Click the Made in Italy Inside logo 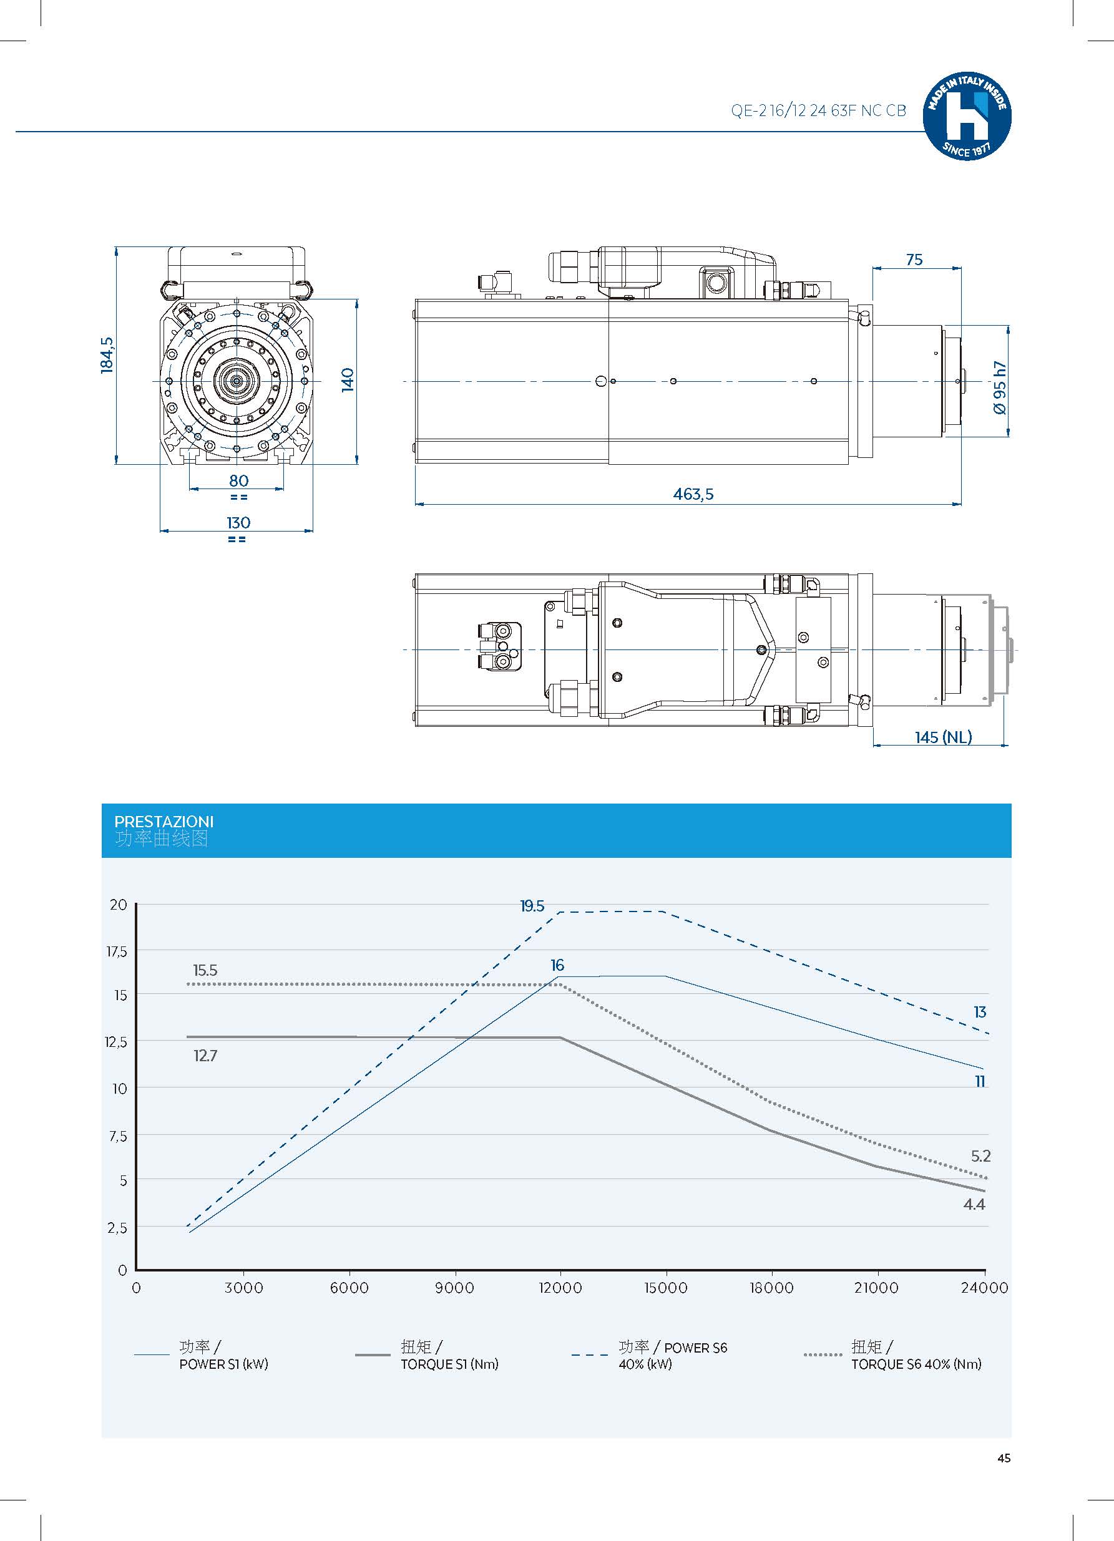pos(967,116)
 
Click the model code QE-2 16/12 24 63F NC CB pos(818,111)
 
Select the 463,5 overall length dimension pos(693,494)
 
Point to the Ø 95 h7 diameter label pos(999,387)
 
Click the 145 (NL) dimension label pos(943,737)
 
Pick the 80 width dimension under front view pos(238,480)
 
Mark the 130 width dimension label pos(238,522)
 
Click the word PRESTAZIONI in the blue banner pos(164,822)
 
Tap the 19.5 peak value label pos(532,906)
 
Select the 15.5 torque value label pos(205,970)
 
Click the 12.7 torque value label pos(205,1055)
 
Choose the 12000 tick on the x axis pos(560,1288)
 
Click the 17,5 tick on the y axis pos(116,952)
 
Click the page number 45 pos(1004,1458)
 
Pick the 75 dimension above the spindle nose pos(914,260)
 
